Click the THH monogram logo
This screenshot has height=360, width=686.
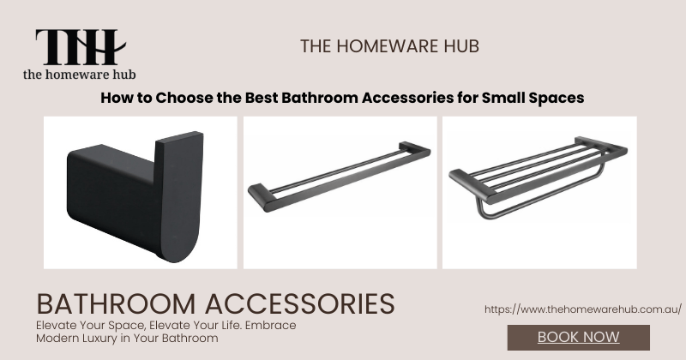tap(81, 47)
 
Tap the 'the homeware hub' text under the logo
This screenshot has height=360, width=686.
tap(79, 75)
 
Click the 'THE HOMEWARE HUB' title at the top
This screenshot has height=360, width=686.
tap(389, 46)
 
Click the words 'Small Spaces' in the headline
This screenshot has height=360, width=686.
tap(533, 98)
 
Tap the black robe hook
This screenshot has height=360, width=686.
tap(135, 196)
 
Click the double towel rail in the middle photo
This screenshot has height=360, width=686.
tap(339, 177)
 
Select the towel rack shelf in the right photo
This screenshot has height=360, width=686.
tap(539, 177)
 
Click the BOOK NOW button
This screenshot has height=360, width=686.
tap(578, 337)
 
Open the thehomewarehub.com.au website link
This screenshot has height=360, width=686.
tap(583, 309)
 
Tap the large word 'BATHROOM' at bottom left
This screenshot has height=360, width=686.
tap(116, 303)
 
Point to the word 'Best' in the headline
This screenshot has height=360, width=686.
tap(262, 98)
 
